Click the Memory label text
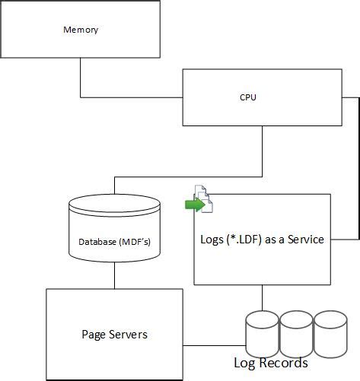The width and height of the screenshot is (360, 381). tap(80, 30)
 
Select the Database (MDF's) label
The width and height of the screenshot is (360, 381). tap(114, 242)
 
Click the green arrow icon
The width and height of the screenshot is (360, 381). tap(196, 204)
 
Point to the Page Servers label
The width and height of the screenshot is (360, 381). tap(114, 334)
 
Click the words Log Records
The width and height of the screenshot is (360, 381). tap(270, 363)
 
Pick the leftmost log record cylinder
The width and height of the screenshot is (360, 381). tap(262, 331)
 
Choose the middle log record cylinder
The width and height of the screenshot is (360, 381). tap(297, 331)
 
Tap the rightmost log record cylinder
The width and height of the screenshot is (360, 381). tap(331, 331)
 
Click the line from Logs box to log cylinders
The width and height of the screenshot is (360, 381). tap(263, 297)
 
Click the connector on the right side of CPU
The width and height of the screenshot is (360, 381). tap(358, 167)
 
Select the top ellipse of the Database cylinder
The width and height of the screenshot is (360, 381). tap(114, 205)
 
